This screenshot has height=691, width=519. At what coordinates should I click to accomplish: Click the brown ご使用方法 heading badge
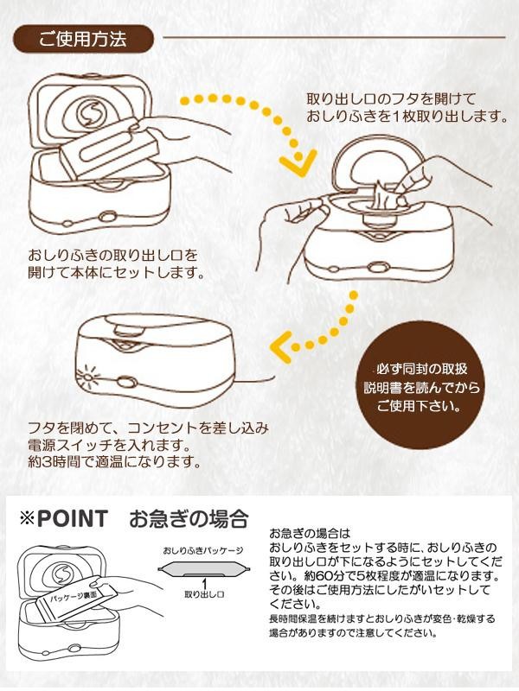click(x=84, y=39)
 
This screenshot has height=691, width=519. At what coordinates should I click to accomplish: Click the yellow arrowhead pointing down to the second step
click(x=298, y=162)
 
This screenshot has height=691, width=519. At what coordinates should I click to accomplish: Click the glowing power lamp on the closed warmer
click(x=87, y=376)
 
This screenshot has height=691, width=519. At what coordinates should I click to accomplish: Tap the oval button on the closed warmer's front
click(x=125, y=382)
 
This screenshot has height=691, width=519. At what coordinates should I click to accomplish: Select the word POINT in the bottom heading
click(x=73, y=519)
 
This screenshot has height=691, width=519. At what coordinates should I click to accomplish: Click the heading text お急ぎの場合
click(x=189, y=519)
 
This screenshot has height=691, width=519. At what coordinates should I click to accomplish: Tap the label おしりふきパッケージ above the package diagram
click(x=203, y=550)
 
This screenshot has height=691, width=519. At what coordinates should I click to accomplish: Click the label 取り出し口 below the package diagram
click(x=204, y=594)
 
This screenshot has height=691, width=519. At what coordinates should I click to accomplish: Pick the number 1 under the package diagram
click(x=204, y=584)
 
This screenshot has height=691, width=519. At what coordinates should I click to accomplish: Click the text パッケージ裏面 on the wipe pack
click(x=72, y=597)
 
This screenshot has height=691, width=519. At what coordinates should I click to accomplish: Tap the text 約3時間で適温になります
click(x=114, y=462)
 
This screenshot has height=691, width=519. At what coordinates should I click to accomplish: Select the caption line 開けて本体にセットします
click(x=117, y=272)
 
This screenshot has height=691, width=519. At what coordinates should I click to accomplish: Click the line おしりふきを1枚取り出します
click(x=407, y=117)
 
